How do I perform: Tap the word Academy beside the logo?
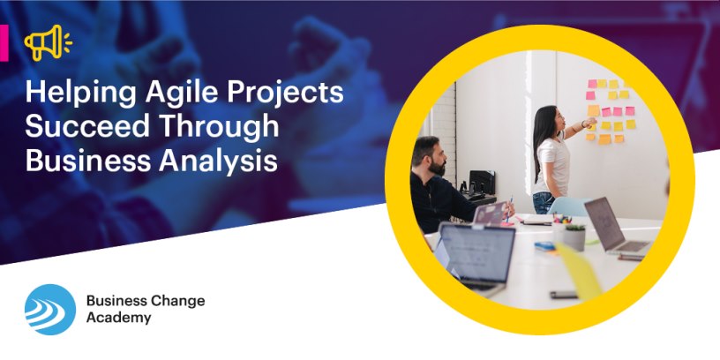[118, 318]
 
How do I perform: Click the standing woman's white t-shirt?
[554, 164]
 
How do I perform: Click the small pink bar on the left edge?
[4, 41]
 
